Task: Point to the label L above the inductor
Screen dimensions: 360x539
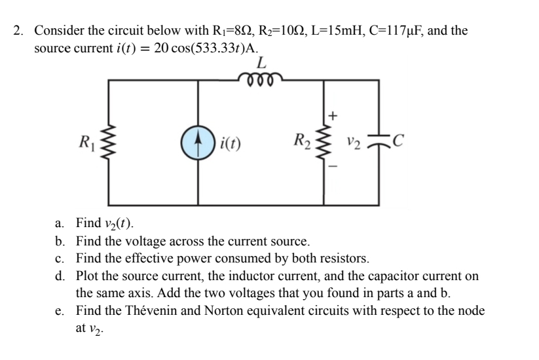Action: coord(262,63)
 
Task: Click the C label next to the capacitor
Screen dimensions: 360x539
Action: coord(397,140)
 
